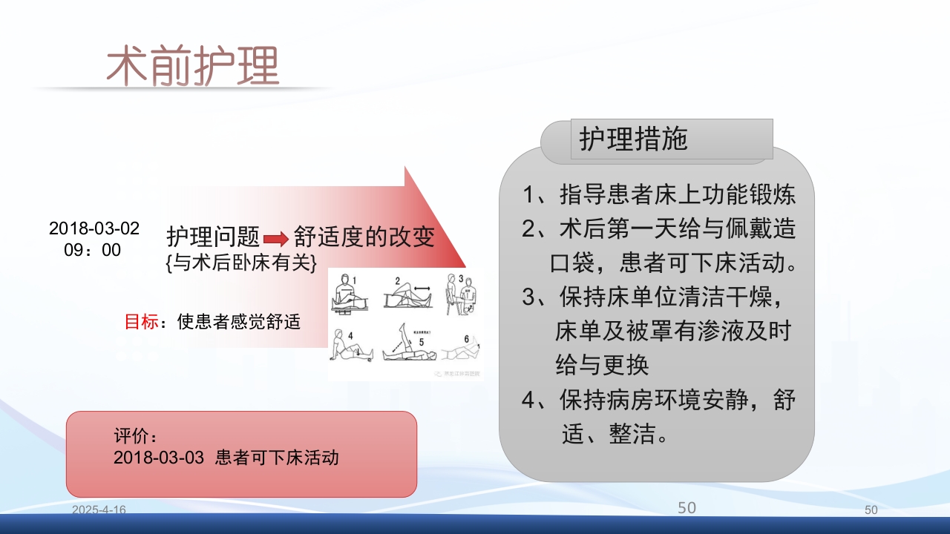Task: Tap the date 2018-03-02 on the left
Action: (x=94, y=228)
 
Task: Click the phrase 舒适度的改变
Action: (x=364, y=237)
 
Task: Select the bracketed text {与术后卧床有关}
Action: (x=242, y=263)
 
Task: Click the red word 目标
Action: (x=140, y=322)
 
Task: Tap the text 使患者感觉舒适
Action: (x=239, y=322)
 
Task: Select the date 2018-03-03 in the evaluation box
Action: (x=158, y=458)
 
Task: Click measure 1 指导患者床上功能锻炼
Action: (x=658, y=195)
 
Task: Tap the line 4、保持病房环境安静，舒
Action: (x=658, y=400)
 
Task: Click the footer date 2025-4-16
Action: (x=99, y=510)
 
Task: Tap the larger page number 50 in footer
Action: (x=687, y=508)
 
